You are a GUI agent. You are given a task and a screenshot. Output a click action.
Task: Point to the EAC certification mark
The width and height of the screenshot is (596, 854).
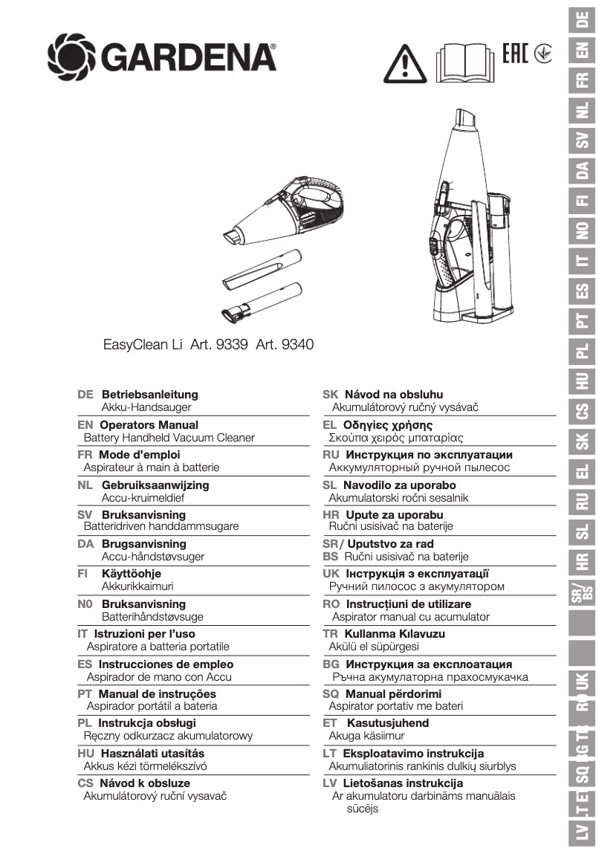click(515, 53)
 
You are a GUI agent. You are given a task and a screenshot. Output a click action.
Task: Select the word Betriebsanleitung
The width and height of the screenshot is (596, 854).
click(149, 395)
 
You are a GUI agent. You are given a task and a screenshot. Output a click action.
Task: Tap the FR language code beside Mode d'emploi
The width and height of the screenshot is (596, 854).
click(85, 455)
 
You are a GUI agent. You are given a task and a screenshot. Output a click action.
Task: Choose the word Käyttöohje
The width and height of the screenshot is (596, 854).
click(131, 574)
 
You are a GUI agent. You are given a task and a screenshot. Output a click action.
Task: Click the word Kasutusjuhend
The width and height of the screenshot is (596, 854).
click(387, 723)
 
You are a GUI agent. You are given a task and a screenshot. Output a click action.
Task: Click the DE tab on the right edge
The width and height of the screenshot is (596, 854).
click(583, 20)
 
